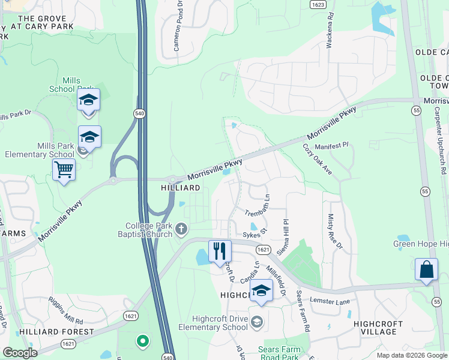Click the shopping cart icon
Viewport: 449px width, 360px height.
pos(64,169)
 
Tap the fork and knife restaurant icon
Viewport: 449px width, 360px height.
pos(220,250)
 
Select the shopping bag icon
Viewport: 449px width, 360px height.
pos(426,269)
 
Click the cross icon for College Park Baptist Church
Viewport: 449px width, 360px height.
pos(181,229)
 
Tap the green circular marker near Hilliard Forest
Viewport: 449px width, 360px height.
pos(142,341)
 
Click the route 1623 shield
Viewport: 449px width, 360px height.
pos(318,4)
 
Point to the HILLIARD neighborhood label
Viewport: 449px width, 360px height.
pos(180,188)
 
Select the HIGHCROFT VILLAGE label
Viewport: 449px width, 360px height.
pos(382,327)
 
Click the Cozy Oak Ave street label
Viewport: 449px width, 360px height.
pos(317,160)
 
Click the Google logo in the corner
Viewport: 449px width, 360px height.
pos(20,352)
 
